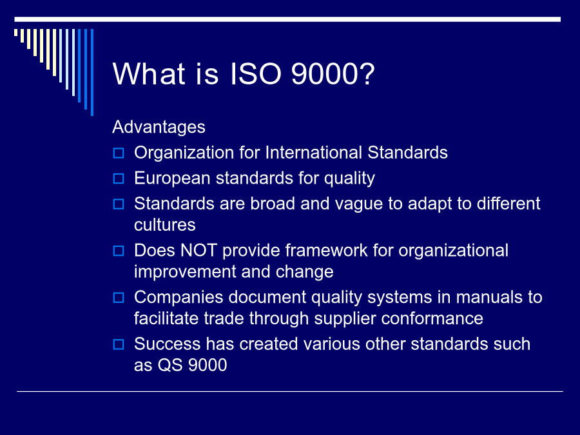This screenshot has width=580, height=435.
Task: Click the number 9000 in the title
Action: point(333,73)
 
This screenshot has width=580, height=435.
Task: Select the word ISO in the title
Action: point(256,73)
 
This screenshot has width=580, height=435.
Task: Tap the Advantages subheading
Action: point(159,127)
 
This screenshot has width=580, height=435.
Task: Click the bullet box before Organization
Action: point(119,153)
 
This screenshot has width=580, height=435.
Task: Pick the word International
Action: point(314,152)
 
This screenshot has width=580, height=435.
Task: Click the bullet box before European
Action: point(119,179)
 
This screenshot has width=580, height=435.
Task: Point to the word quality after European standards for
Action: point(349,179)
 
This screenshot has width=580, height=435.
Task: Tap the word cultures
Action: point(164,225)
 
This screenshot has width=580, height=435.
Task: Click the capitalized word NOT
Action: point(198,251)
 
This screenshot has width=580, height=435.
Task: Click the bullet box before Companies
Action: point(119,297)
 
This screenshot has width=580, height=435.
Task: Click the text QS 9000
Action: point(192,365)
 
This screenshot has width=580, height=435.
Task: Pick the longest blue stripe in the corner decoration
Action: point(92,72)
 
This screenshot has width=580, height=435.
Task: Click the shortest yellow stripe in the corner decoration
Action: point(15,33)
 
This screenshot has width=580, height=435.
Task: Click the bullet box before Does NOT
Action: point(119,251)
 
